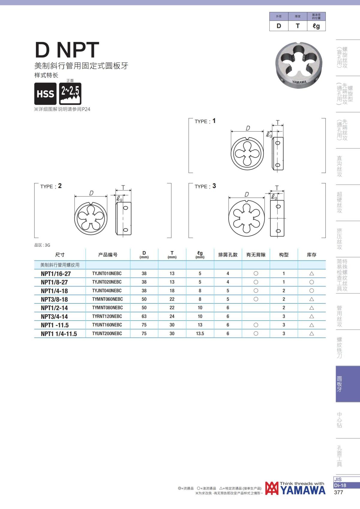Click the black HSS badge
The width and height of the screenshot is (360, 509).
45,94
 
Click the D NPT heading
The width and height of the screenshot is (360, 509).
67,50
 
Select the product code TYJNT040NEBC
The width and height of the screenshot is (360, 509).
107,291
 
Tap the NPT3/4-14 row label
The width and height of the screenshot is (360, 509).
54,316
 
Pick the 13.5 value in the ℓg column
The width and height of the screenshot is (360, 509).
200,334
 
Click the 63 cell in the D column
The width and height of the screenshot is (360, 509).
144,316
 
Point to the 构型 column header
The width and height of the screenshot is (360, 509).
284,255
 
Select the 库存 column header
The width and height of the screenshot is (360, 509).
312,255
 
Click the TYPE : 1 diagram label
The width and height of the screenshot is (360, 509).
205,121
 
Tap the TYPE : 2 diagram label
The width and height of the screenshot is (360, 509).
51,186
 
